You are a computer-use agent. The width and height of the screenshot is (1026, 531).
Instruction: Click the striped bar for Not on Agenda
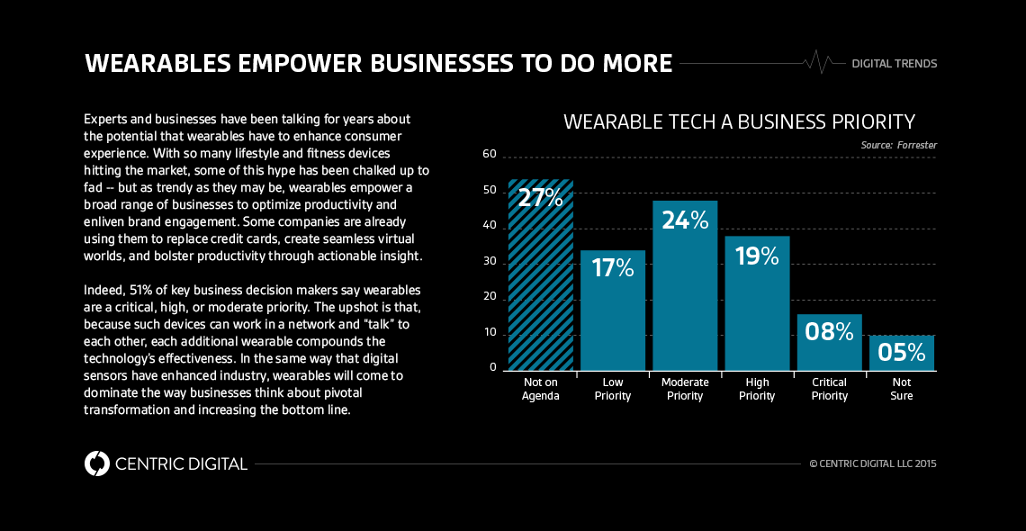point(541,288)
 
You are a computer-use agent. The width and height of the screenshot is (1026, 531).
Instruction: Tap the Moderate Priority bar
point(685,297)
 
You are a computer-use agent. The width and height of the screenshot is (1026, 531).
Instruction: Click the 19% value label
point(757,256)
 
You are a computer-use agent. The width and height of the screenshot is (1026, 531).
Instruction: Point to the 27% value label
point(541,198)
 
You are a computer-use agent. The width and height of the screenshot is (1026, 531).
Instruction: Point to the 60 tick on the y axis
point(490,154)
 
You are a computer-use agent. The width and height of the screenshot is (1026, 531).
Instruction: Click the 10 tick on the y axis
point(490,333)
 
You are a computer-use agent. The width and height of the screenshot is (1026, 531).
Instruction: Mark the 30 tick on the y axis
point(490,262)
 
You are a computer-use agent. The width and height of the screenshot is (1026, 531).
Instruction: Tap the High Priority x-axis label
point(757,389)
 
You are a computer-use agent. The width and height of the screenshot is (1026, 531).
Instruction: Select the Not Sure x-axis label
point(901,389)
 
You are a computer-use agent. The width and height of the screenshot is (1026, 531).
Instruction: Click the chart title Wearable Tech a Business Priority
point(739,121)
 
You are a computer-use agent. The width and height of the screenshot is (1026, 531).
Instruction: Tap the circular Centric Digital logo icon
point(96,463)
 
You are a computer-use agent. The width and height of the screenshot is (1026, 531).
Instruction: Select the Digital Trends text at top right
point(894,64)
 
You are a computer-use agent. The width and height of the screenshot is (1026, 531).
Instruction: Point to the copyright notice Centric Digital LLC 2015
point(873,464)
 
